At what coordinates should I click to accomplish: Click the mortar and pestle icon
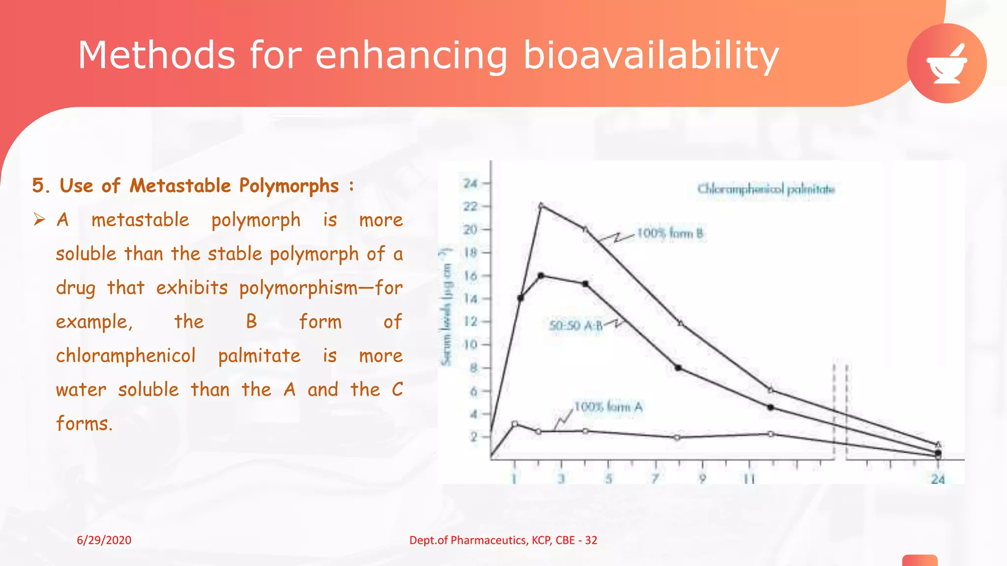947,63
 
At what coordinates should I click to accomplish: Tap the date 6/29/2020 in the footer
104,540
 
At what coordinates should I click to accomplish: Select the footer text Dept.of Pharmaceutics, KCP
503,540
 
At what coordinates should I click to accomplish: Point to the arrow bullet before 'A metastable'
39,219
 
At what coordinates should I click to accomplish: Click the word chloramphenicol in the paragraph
126,356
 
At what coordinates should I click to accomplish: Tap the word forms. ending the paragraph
84,424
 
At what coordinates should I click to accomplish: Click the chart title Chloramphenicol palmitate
766,189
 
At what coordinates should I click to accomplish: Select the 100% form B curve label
670,233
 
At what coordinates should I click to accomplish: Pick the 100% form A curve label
608,407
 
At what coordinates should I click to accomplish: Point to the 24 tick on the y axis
471,183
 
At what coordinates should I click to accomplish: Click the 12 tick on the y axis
471,321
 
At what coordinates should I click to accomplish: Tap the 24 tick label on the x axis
938,479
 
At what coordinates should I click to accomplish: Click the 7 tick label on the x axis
655,478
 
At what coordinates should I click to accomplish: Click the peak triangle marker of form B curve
541,205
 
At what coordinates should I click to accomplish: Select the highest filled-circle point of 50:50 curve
541,276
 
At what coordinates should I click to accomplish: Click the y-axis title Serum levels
446,307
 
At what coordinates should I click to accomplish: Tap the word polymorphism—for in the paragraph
321,288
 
